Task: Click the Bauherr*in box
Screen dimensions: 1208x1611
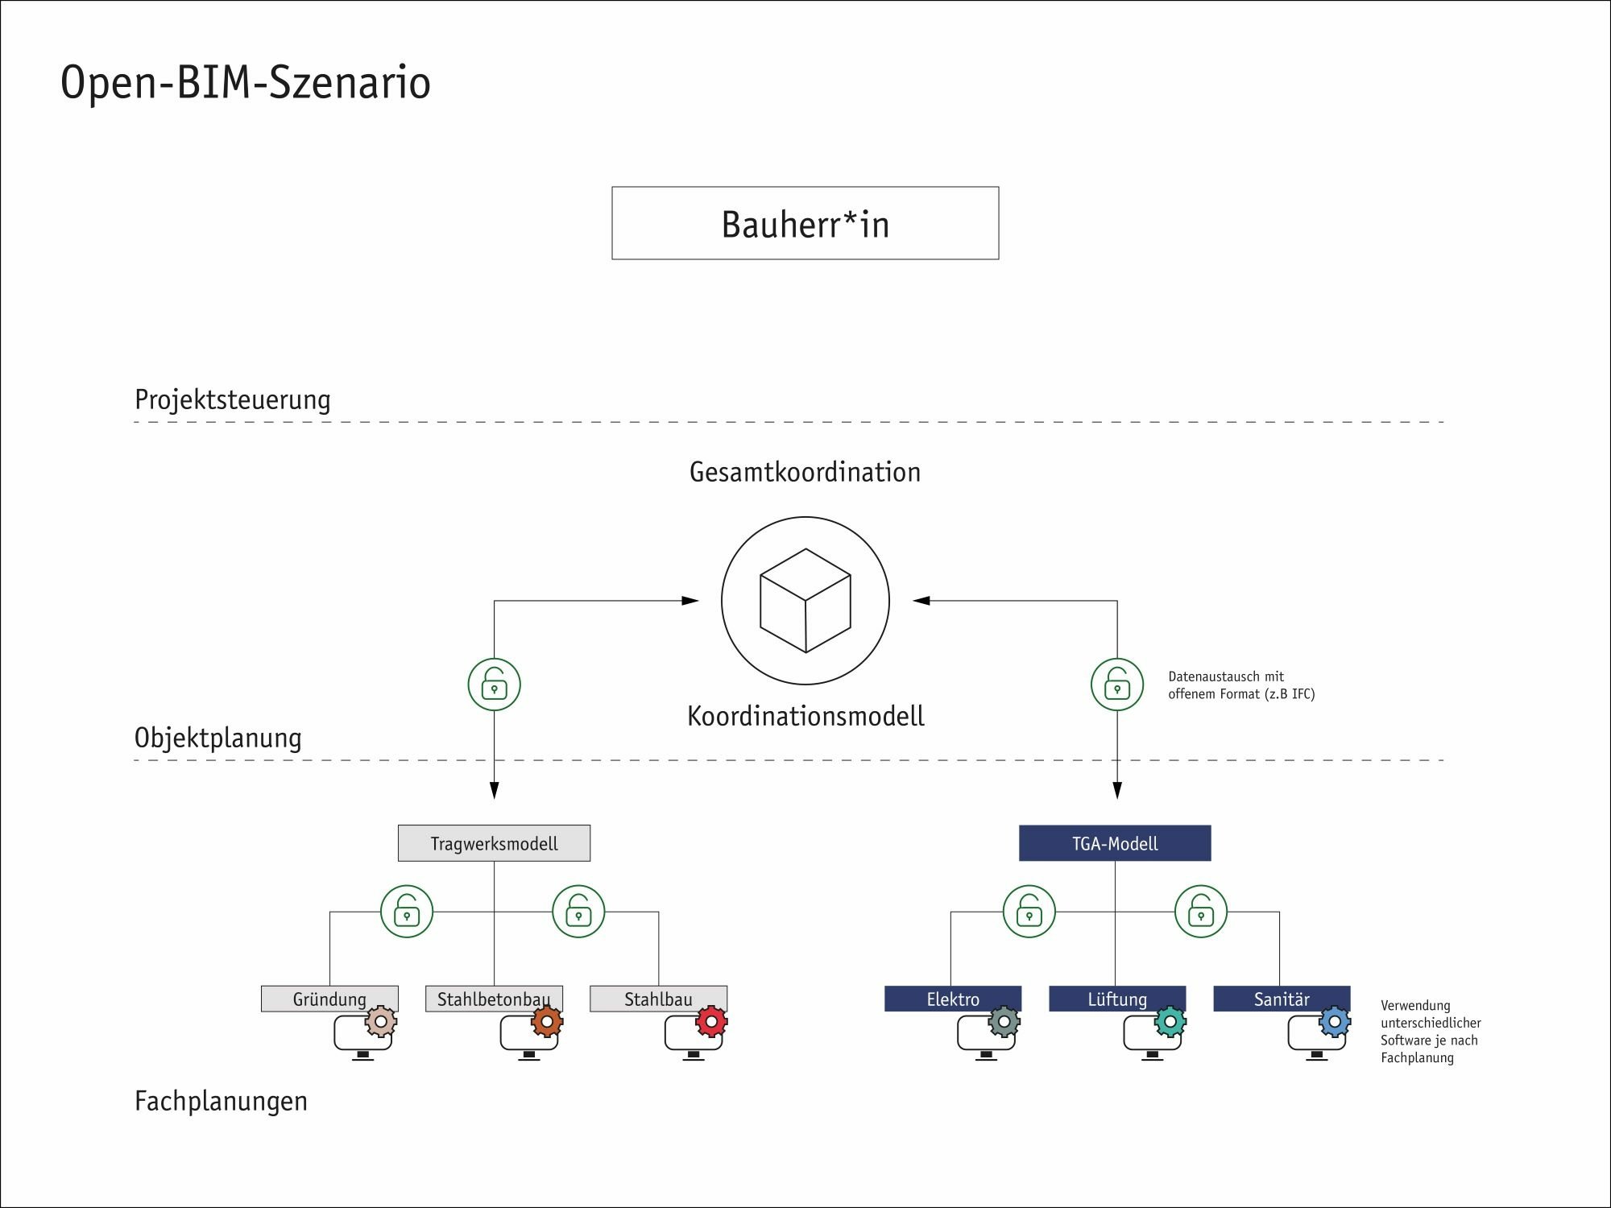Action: [805, 223]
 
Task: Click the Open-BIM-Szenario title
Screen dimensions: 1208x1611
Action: [246, 82]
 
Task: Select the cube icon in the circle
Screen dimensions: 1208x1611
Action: [805, 601]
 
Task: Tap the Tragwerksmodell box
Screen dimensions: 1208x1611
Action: [494, 843]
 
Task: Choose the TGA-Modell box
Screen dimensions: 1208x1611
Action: [1115, 843]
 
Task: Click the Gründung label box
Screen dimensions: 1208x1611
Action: [329, 999]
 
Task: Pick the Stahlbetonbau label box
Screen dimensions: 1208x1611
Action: [493, 999]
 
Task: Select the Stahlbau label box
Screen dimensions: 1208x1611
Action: [657, 999]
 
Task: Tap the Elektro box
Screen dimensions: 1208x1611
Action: [952, 999]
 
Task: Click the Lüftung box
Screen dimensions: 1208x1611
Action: [1116, 999]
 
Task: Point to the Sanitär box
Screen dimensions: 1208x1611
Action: [1281, 999]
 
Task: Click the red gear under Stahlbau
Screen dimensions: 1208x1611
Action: [711, 1022]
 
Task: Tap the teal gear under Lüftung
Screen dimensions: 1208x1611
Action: [1170, 1022]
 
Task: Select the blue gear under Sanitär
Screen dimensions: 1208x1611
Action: [1334, 1022]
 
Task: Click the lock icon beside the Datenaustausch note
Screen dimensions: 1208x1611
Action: [1116, 685]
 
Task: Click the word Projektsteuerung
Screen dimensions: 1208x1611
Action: [232, 399]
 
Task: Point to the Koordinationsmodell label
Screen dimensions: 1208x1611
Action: [805, 716]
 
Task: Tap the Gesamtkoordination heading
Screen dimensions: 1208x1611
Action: [805, 472]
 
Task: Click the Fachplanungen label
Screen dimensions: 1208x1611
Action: [221, 1101]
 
